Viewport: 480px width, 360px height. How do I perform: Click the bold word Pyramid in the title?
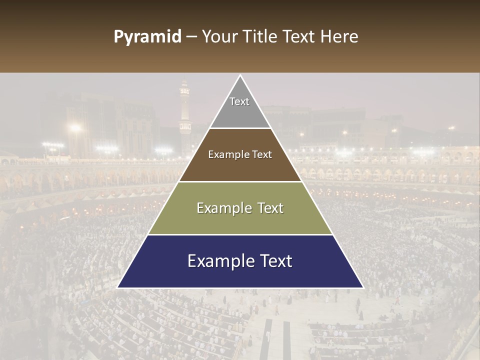pos(147,37)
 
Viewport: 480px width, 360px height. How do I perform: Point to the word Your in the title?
pos(218,37)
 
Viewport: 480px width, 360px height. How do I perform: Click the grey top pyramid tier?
pos(240,112)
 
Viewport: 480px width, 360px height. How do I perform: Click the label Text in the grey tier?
pos(239,101)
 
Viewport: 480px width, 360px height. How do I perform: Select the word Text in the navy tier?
pos(272,261)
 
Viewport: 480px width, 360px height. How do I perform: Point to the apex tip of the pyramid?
pos(240,76)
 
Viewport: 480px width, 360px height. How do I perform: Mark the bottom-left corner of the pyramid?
pos(118,287)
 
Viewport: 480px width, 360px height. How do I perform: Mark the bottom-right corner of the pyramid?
pos(362,287)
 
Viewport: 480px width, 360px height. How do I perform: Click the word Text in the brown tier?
pos(262,155)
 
